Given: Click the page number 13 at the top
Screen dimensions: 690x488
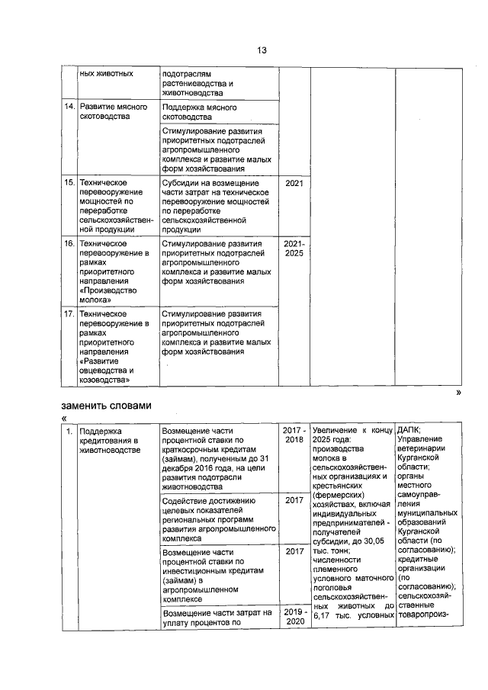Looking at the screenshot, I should tap(261, 50).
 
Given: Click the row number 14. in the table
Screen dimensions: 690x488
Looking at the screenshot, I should tap(69, 108).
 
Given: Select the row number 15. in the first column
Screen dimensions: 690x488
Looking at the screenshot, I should tap(69, 184).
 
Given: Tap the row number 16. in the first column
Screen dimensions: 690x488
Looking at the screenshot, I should tap(69, 243).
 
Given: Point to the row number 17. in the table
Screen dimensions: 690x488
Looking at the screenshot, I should tap(69, 313).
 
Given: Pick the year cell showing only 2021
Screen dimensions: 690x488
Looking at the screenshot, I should tap(294, 184).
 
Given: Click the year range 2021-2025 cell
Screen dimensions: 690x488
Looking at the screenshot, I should tap(294, 249).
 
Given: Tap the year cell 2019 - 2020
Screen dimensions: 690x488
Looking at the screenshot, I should tap(294, 617).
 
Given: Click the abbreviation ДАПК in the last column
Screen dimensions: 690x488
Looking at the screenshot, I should tap(409, 430).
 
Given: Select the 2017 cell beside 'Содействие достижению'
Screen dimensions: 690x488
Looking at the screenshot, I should tap(294, 500).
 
